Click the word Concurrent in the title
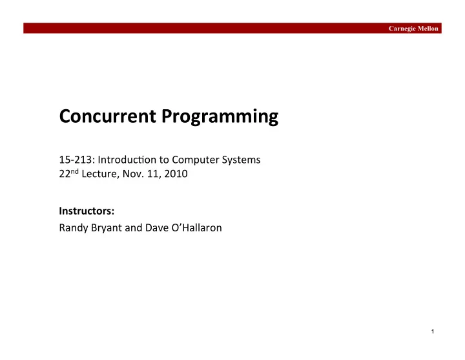tap(108, 116)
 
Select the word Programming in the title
tap(220, 117)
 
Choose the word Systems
tap(241, 160)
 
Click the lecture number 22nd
tap(69, 173)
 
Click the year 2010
tap(176, 174)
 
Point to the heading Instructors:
tap(87, 211)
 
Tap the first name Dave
tap(157, 228)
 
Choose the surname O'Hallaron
tap(196, 228)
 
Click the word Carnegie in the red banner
tap(402, 29)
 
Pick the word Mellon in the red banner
tap(428, 28)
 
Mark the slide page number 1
tap(433, 332)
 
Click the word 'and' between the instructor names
tap(134, 228)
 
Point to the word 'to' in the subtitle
tap(164, 160)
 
